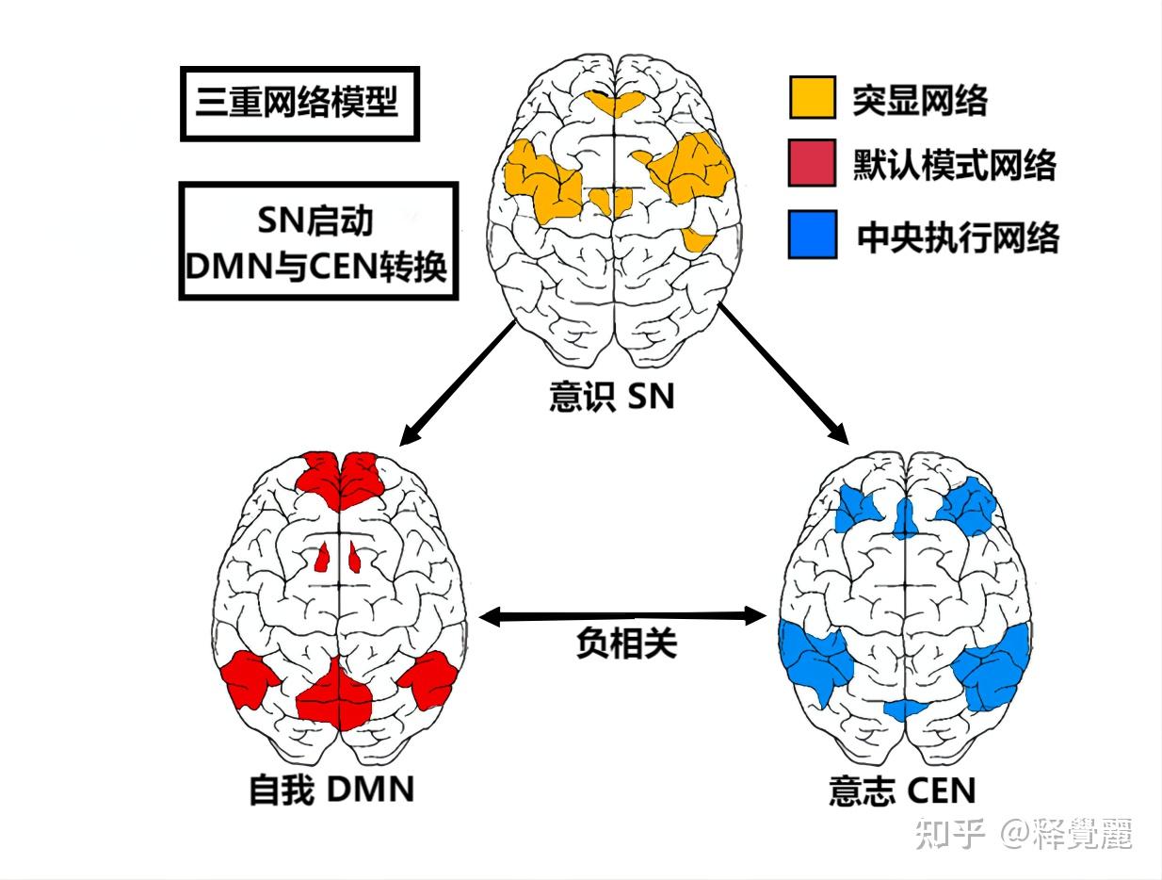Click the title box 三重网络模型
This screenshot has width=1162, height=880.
pos(298,104)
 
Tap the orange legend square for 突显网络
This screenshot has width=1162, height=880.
pos(812,97)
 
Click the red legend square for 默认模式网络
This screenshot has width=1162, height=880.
pos(812,164)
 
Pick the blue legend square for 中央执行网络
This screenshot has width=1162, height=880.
pos(812,235)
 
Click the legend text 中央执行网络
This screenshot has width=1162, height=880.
pos(958,236)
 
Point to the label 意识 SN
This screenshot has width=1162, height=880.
pos(612,397)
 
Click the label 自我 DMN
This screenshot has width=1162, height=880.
pos(331,789)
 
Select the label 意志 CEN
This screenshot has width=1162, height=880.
pos(902,790)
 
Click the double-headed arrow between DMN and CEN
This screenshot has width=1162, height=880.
pos(622,617)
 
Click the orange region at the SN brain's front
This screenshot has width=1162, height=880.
pos(616,104)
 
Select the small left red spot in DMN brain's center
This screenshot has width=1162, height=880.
pos(322,560)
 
